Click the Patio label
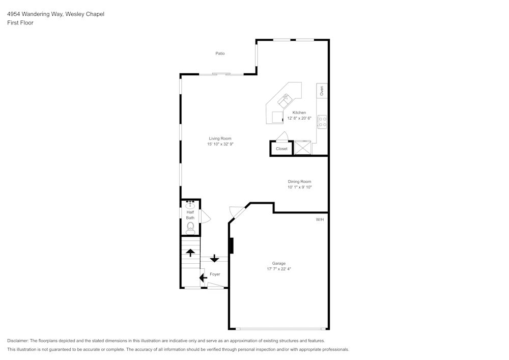click(x=220, y=53)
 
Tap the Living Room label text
click(x=220, y=139)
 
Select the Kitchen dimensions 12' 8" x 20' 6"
click(x=299, y=118)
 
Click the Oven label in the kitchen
click(x=322, y=91)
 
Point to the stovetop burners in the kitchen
click(x=322, y=122)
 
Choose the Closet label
click(x=281, y=149)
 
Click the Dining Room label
click(x=299, y=182)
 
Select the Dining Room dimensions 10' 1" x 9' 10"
click(x=299, y=187)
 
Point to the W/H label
click(x=320, y=219)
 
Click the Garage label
click(x=278, y=263)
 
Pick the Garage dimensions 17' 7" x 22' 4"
click(x=278, y=269)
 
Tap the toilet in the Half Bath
click(x=190, y=227)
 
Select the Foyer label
click(x=215, y=274)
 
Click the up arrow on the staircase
click(x=190, y=252)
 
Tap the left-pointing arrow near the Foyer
click(x=203, y=278)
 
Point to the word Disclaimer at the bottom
click(x=18, y=341)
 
